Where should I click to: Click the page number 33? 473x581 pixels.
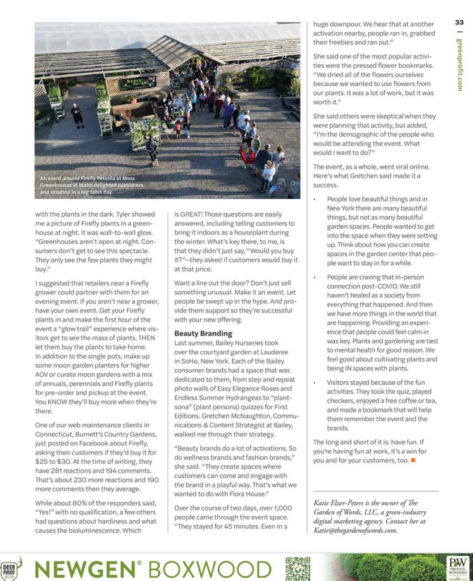point(459,23)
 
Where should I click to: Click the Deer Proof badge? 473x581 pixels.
point(10,570)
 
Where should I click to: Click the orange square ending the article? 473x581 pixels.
point(413,460)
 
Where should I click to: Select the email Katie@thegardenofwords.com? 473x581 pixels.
point(355,530)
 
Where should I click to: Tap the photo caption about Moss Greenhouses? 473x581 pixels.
point(91,185)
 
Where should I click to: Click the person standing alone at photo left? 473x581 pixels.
point(77,115)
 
